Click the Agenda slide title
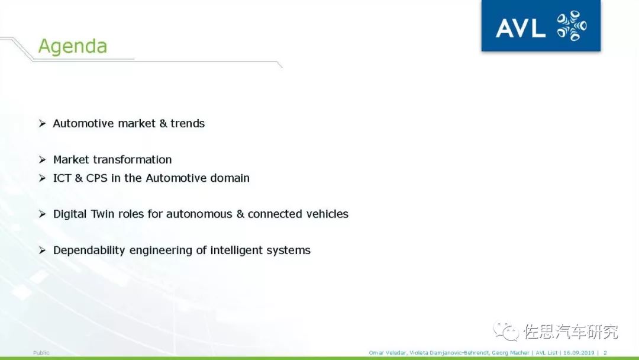click(x=73, y=46)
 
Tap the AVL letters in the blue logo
click(x=521, y=28)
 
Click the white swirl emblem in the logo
click(x=572, y=25)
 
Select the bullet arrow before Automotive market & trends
click(x=43, y=123)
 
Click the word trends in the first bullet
click(x=188, y=123)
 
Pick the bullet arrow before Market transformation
click(x=43, y=159)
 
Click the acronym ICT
click(x=62, y=178)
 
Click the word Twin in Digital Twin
click(x=102, y=214)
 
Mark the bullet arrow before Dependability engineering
click(x=43, y=250)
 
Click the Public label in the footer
click(x=41, y=353)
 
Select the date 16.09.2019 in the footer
click(x=579, y=353)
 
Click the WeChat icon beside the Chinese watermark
click(x=506, y=330)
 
